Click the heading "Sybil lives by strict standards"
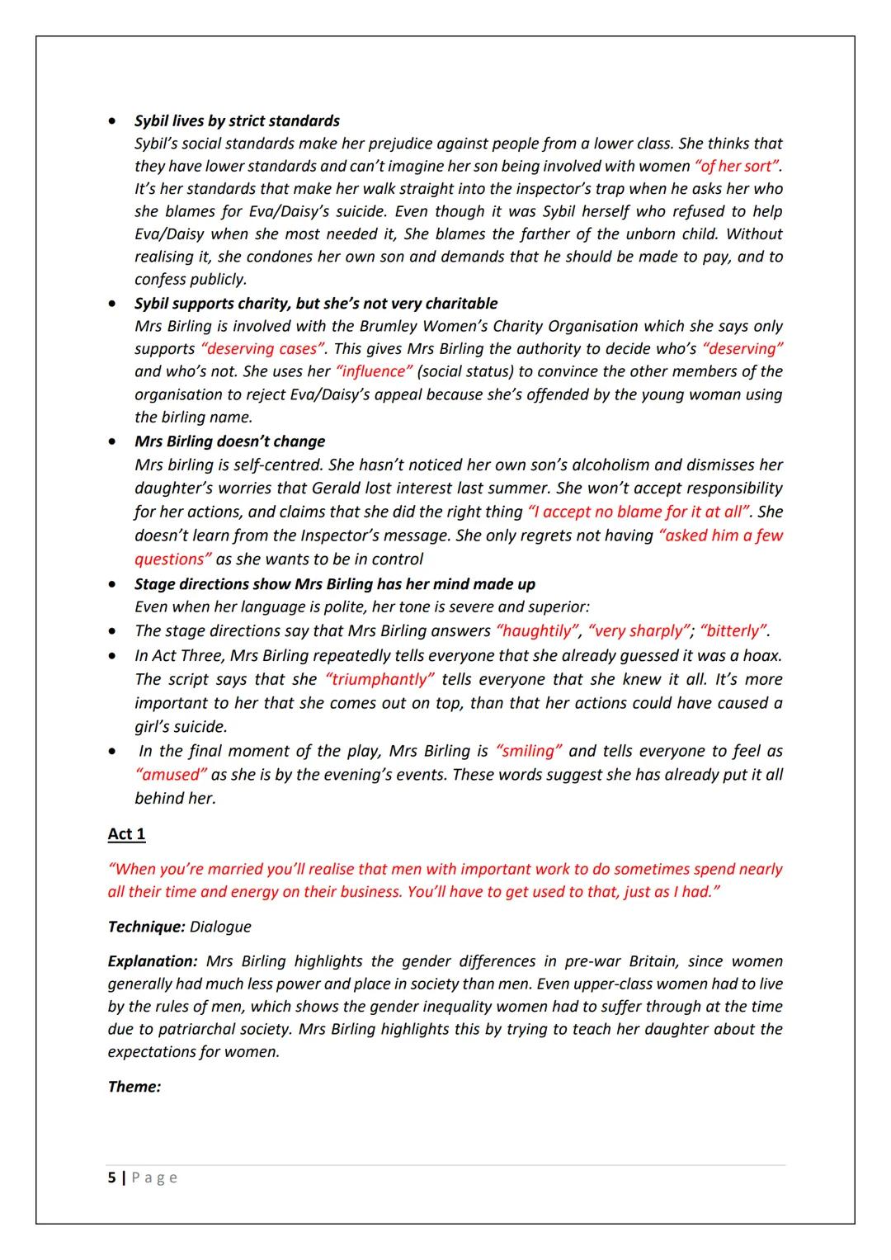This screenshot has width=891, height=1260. [x=237, y=120]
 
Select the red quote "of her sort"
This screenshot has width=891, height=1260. [x=738, y=166]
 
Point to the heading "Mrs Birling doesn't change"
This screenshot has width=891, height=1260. [x=229, y=441]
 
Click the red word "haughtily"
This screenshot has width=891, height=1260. [x=536, y=631]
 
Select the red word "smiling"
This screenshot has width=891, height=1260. [x=528, y=751]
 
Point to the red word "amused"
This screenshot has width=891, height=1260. [x=171, y=775]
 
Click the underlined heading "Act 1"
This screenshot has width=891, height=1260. [x=126, y=834]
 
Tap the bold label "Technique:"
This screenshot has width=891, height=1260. [x=146, y=927]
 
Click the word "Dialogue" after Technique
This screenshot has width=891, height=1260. [x=220, y=927]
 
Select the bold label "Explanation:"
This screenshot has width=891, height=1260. [x=153, y=961]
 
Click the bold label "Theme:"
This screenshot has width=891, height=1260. [x=134, y=1087]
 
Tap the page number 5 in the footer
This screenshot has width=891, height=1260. [x=112, y=1177]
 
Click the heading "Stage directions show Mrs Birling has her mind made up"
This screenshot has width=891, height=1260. [x=334, y=584]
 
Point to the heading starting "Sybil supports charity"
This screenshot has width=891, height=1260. [x=316, y=304]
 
